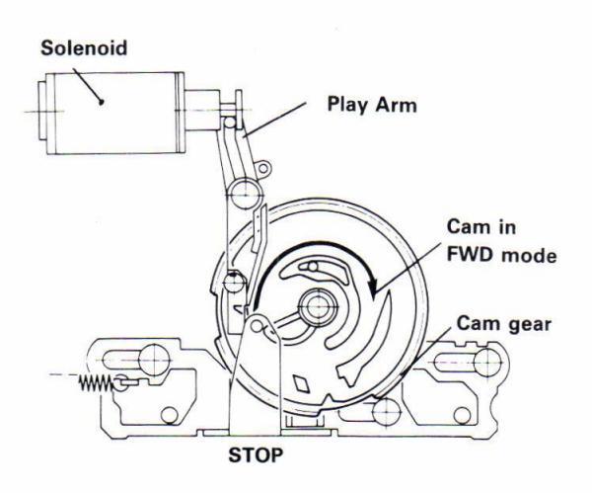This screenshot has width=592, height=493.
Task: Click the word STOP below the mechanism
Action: (x=251, y=457)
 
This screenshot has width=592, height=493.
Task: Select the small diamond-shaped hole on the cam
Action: (x=299, y=381)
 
